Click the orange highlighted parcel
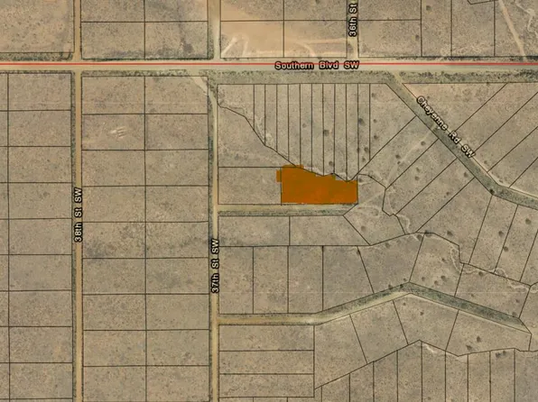tap(316, 187)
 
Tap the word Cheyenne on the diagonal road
tap(431, 114)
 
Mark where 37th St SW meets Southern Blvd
tap(214, 66)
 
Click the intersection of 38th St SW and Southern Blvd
tap(79, 66)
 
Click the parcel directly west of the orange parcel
tap(249, 186)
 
